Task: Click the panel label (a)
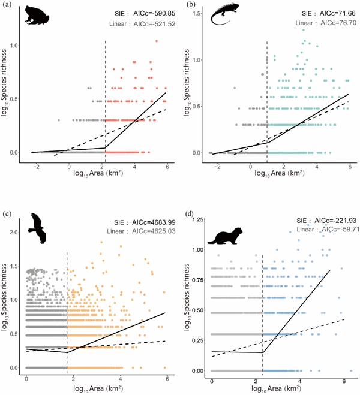coord(6,4)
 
